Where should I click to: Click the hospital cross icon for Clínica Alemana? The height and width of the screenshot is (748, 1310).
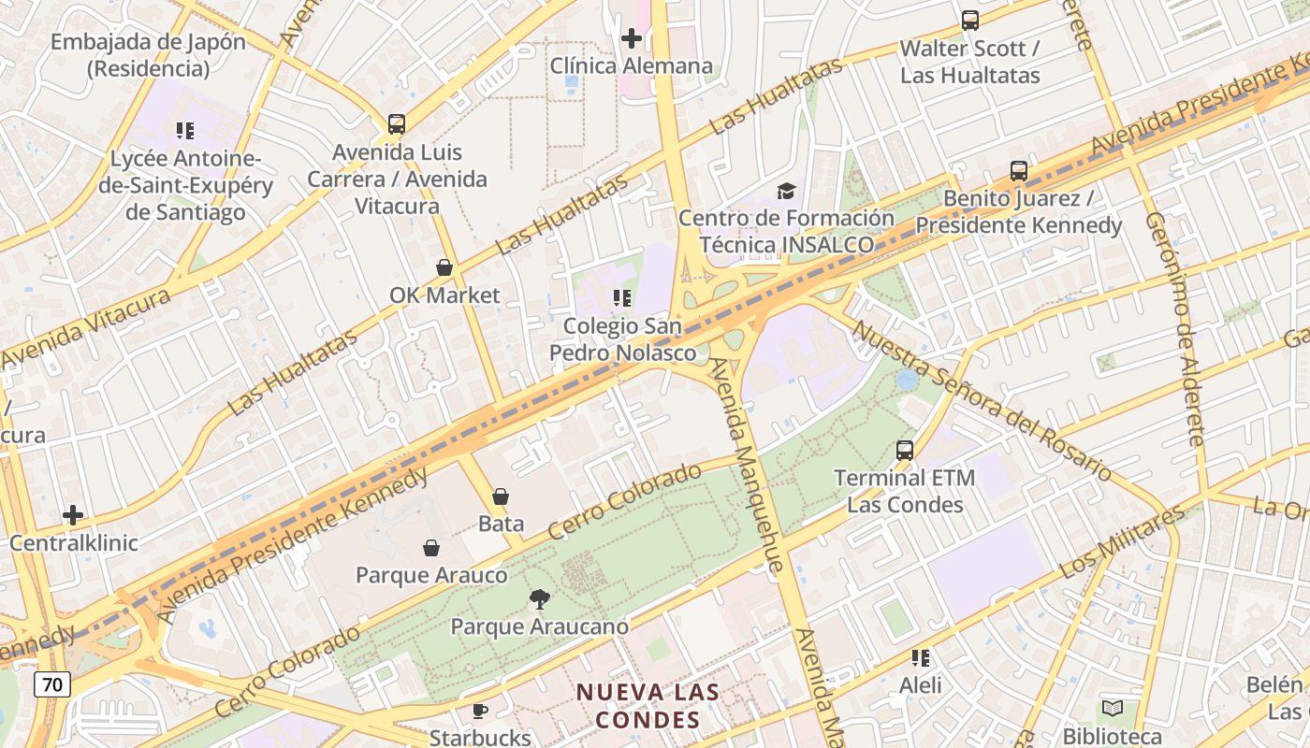[x=632, y=38]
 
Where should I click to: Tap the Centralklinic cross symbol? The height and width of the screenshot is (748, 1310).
[x=73, y=515]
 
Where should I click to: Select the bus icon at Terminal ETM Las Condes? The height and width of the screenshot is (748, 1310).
[x=905, y=451]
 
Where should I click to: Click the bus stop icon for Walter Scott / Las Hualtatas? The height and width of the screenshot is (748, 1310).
[x=970, y=20]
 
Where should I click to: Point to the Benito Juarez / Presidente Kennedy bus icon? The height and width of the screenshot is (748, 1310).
[x=1019, y=171]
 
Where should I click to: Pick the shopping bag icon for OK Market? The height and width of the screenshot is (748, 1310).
[x=444, y=268]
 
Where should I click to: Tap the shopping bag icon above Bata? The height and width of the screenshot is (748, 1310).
[x=501, y=496]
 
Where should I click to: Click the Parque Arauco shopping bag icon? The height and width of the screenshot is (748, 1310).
[x=431, y=548]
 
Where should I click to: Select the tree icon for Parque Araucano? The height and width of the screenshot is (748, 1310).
[x=539, y=599]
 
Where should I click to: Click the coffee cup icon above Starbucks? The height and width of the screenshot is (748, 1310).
[x=480, y=712]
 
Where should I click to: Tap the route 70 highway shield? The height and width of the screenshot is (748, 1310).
[x=52, y=684]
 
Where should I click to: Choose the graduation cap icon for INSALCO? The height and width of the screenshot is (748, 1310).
[x=786, y=192]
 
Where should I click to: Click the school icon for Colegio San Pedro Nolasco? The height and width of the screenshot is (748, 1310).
[x=622, y=298]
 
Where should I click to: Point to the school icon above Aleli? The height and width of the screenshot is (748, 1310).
[x=921, y=658]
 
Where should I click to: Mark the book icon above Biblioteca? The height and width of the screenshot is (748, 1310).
[x=1113, y=709]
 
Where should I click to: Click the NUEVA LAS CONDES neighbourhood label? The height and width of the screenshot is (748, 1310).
[x=648, y=706]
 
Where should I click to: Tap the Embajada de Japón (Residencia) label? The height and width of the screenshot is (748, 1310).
[x=148, y=55]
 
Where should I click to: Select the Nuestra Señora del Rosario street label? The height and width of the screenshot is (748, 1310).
[x=981, y=402]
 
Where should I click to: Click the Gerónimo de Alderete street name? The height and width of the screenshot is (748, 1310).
[x=1175, y=327]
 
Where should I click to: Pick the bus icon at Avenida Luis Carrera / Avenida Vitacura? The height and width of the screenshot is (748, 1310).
[x=397, y=124]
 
